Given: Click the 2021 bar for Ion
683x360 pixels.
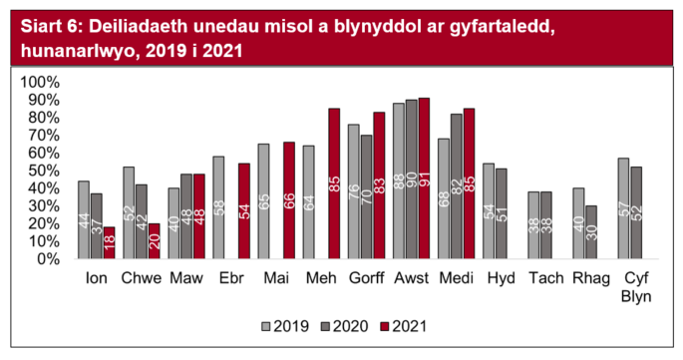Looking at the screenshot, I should pyautogui.click(x=110, y=242).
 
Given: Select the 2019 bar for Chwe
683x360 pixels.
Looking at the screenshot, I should pyautogui.click(x=129, y=212).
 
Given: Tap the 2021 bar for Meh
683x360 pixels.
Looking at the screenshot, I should pyautogui.click(x=334, y=183).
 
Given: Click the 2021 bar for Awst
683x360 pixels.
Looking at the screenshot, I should pyautogui.click(x=424, y=179).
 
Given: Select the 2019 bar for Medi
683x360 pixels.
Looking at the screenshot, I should pyautogui.click(x=444, y=198).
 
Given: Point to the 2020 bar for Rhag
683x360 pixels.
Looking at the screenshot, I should pyautogui.click(x=591, y=231).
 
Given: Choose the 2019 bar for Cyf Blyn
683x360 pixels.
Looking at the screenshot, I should pyautogui.click(x=623, y=208).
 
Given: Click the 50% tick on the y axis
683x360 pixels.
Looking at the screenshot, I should pyautogui.click(x=43, y=170).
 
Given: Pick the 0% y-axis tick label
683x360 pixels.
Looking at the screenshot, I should pyautogui.click(x=48, y=258).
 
